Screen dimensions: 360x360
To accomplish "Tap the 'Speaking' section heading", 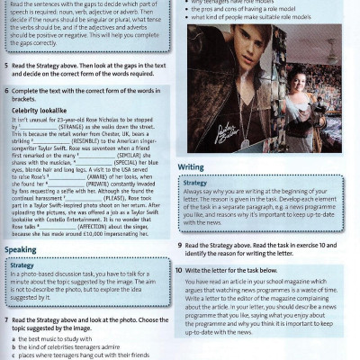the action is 21,249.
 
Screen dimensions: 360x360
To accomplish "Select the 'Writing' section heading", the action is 191,167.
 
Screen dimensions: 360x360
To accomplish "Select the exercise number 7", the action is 6,320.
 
